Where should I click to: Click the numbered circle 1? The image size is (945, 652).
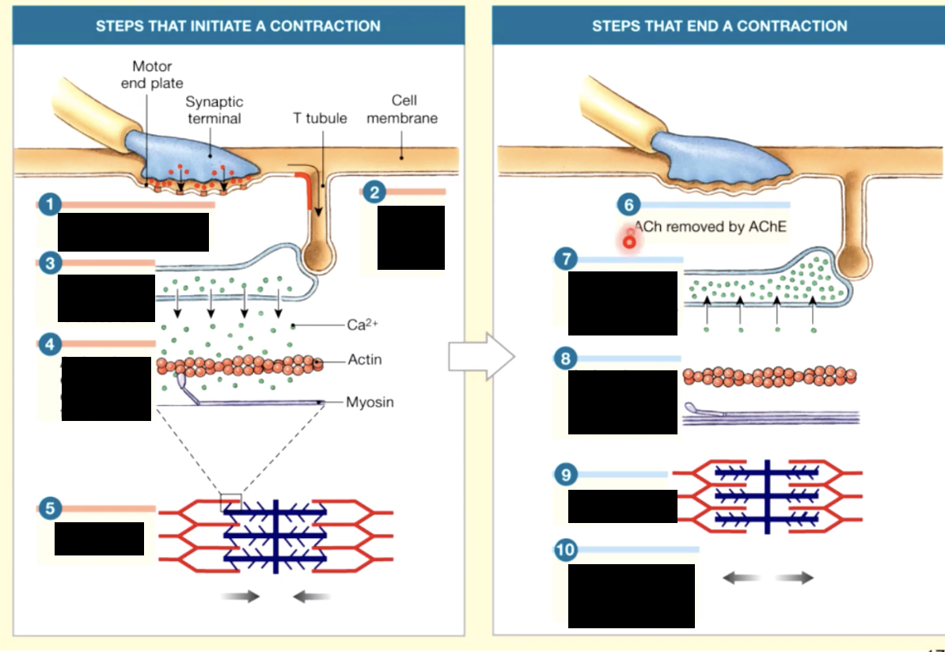(50, 205)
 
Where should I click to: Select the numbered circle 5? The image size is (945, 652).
(50, 509)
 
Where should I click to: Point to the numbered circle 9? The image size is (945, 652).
(565, 475)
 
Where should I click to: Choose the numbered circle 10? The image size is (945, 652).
(567, 550)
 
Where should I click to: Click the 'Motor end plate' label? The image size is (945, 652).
(152, 74)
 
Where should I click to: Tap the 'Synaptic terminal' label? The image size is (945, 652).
(214, 110)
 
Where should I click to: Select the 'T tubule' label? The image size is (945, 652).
(320, 118)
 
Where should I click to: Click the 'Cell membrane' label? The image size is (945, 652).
(403, 109)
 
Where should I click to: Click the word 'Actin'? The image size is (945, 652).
(364, 360)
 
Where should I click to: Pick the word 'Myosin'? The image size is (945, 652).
(369, 402)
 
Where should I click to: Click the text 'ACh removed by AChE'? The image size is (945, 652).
(711, 227)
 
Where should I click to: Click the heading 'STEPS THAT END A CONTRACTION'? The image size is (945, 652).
(719, 25)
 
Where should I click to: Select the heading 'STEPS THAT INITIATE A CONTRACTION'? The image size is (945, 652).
(238, 25)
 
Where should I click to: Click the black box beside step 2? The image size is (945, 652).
(411, 237)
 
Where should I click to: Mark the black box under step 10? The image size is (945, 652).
(631, 596)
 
